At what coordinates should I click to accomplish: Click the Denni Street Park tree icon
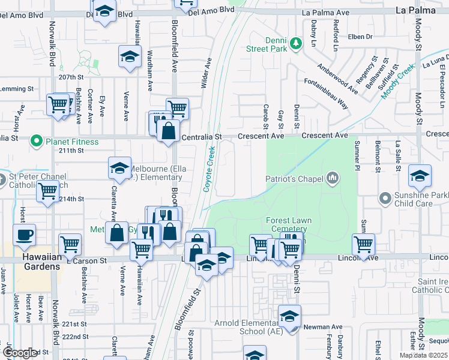pos(295,43)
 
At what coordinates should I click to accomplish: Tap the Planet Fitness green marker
pos(36,142)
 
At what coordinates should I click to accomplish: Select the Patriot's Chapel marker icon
pos(332,178)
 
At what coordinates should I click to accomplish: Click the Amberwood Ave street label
pos(337,77)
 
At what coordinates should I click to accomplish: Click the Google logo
pos(20,353)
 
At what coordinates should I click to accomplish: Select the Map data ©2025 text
pos(423,355)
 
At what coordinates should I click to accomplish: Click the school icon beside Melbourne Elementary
pos(120,168)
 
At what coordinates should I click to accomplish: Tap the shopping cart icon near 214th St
pos(48,191)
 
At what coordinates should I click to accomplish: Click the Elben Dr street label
pos(360,37)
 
